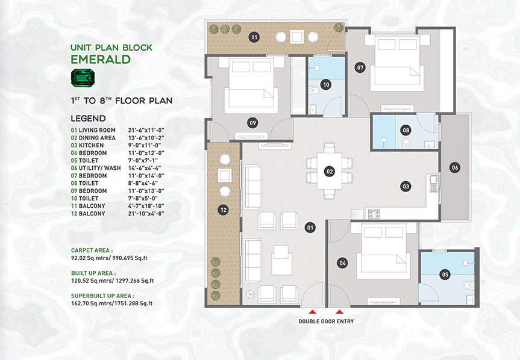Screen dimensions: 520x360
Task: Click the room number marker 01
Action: pyautogui.click(x=310, y=228)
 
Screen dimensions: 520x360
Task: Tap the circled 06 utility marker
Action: pyautogui.click(x=455, y=167)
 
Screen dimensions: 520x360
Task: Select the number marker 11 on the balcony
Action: pyautogui.click(x=254, y=37)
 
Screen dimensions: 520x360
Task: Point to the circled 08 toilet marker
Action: pyautogui.click(x=406, y=131)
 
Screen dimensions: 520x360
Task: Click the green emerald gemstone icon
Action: pyautogui.click(x=83, y=78)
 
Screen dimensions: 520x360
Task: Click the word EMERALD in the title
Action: pyautogui.click(x=101, y=59)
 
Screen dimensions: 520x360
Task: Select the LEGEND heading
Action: pyautogui.click(x=88, y=118)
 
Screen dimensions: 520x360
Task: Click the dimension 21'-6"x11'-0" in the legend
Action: pyautogui.click(x=146, y=131)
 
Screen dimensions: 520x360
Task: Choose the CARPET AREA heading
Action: pyautogui.click(x=92, y=250)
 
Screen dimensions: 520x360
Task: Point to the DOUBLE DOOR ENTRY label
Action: pyautogui.click(x=326, y=321)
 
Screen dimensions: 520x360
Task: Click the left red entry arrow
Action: pyautogui.click(x=312, y=312)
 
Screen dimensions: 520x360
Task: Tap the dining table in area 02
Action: pyautogui.click(x=330, y=171)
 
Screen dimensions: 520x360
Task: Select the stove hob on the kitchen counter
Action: pyautogui.click(x=374, y=214)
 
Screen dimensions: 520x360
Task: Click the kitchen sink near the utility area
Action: pyautogui.click(x=433, y=184)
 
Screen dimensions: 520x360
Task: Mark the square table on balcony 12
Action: pyautogui.click(x=225, y=175)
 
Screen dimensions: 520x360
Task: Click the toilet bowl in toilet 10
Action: pyautogui.click(x=313, y=90)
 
